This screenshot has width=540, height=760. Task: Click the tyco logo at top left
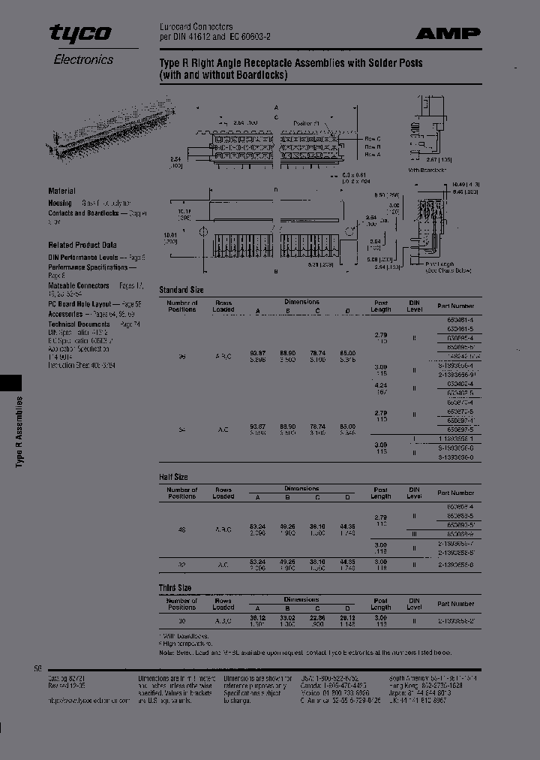80,33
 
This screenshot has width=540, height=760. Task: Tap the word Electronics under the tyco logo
83,59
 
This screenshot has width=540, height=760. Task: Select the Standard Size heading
181,289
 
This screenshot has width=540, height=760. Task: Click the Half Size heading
173,477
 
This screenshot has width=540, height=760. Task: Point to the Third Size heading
175,587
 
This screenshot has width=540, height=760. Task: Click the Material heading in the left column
61,192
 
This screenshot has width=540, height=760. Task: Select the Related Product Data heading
82,245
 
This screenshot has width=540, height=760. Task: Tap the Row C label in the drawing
373,139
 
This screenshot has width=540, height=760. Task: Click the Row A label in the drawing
373,155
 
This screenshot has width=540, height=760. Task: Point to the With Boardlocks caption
428,170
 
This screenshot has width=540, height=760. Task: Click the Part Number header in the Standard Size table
456,306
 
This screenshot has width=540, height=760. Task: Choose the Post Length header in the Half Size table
381,493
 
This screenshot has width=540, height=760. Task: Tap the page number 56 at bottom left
38,668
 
